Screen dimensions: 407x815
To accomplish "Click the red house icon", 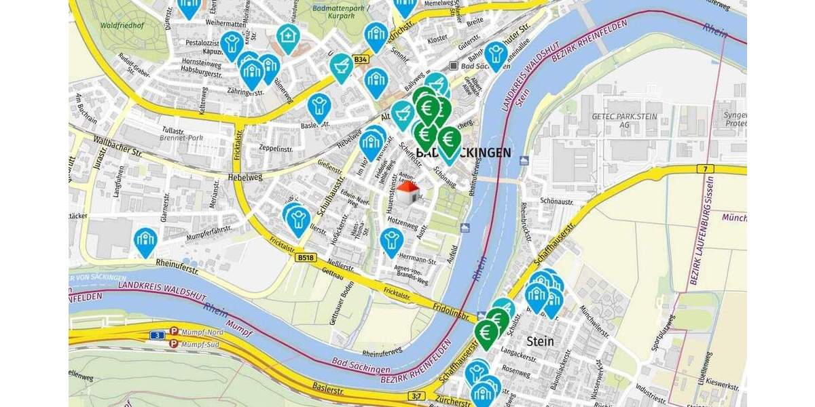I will [407, 193].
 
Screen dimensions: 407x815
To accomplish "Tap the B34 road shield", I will [361, 60].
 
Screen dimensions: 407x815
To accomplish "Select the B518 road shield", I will [305, 257].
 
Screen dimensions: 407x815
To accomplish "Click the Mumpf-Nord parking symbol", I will [174, 332].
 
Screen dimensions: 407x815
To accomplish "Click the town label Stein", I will [539, 341].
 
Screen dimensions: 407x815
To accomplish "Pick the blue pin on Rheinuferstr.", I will [145, 240].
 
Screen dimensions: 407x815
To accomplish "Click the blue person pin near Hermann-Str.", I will [391, 240].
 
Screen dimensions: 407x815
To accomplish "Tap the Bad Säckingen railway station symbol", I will [454, 66].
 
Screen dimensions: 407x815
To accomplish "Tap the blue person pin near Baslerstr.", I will [319, 106].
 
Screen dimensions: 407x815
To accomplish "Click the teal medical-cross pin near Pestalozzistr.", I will [289, 37].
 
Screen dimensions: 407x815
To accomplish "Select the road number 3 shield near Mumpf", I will [158, 335].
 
